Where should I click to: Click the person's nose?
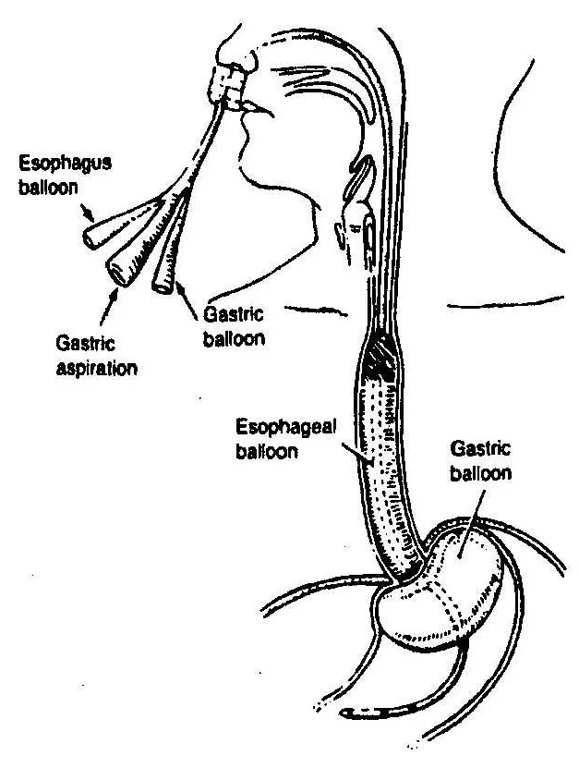(241, 59)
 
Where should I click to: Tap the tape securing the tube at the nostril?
(225, 86)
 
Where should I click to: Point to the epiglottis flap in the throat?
(361, 176)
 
